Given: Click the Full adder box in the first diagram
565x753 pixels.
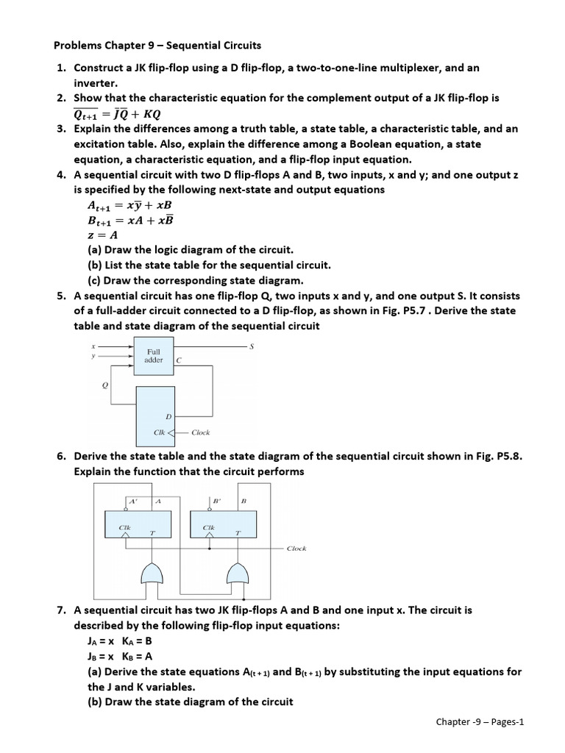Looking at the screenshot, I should [154, 356].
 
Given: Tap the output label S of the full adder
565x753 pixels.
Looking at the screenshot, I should [252, 346].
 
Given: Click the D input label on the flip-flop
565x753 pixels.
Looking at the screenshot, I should [168, 416].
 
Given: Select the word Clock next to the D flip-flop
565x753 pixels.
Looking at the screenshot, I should [200, 432].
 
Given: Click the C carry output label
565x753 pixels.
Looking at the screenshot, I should [179, 360].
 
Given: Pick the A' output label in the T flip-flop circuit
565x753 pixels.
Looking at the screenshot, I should [133, 501].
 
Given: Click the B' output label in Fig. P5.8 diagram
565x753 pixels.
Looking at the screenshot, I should [216, 501].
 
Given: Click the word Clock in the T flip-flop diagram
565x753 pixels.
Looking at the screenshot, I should [296, 549].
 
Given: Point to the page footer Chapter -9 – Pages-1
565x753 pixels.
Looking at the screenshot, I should [480, 721].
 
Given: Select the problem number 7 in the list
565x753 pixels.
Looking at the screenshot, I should [61, 610].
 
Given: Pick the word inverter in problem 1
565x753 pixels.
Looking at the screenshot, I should [96, 82].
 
